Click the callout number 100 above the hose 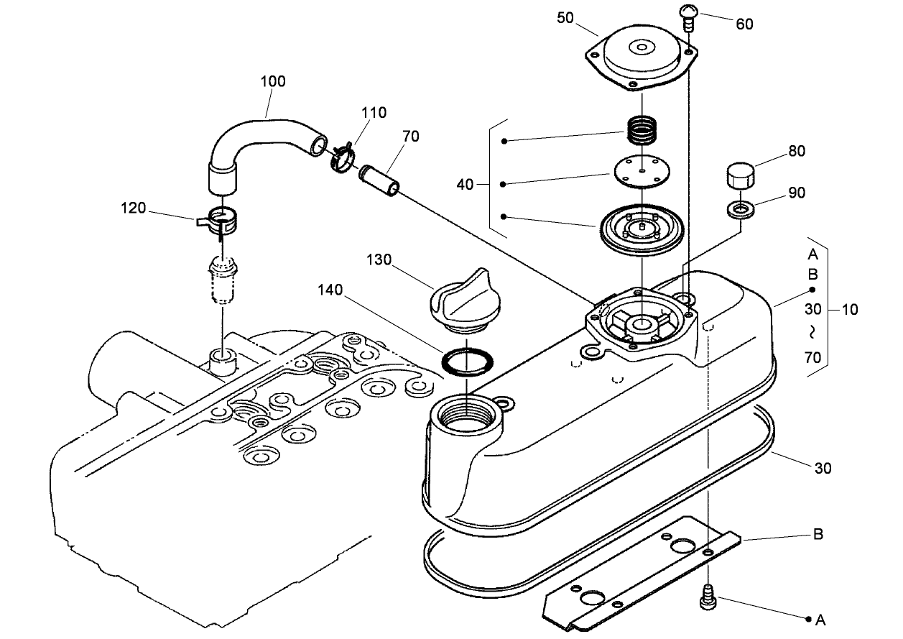(x=273, y=81)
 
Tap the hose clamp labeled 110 (x=342, y=157)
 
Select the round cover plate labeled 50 (x=638, y=59)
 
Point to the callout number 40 (x=465, y=185)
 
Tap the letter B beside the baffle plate (x=818, y=535)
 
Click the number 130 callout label (x=379, y=259)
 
